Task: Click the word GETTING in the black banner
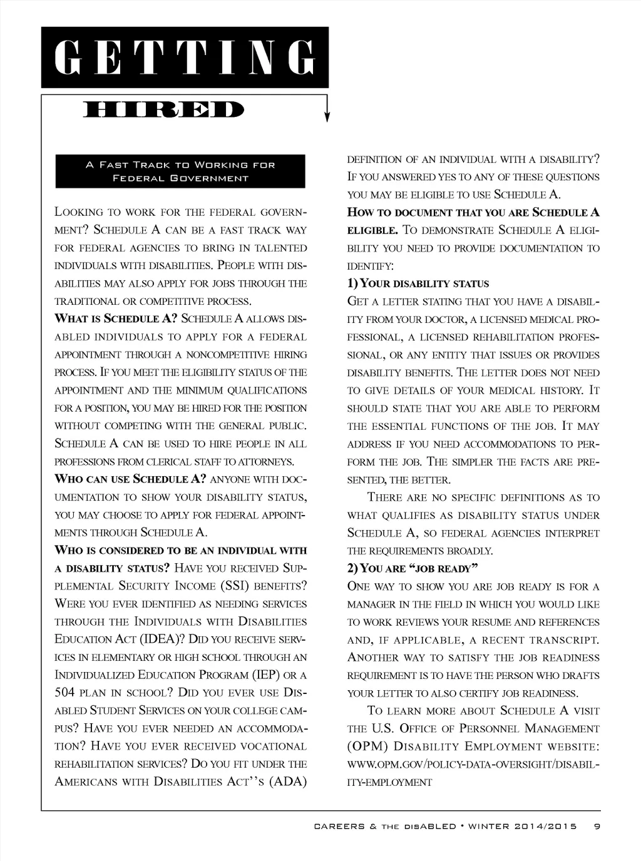coord(185,58)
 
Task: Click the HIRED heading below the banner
coord(163,110)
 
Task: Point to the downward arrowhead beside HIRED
coord(327,116)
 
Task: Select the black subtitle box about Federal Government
coord(180,171)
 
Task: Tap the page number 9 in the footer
coord(597,826)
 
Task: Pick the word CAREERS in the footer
coord(339,826)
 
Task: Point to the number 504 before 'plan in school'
coord(64,693)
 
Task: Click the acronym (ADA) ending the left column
coord(287,782)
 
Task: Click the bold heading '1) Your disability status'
coord(418,283)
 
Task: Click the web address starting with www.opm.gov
coord(473,765)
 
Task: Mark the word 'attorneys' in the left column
coord(271,462)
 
